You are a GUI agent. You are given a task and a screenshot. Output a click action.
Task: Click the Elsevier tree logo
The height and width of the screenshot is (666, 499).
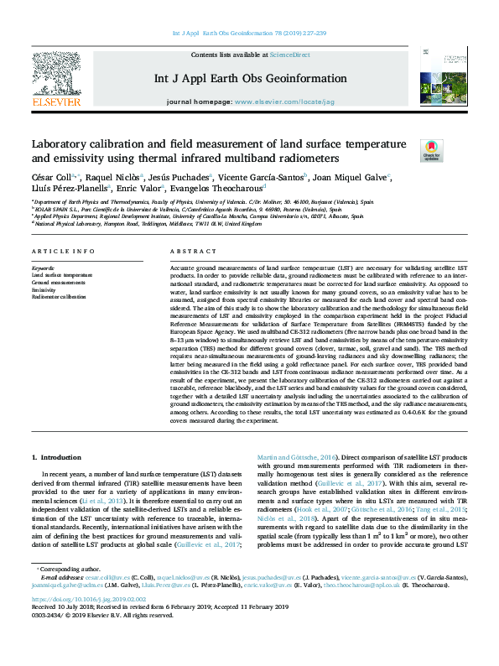point(56,75)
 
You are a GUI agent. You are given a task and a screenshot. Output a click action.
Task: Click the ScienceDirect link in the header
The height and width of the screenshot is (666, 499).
point(290,55)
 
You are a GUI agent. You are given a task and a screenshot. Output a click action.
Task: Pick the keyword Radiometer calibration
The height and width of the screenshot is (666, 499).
point(59,297)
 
